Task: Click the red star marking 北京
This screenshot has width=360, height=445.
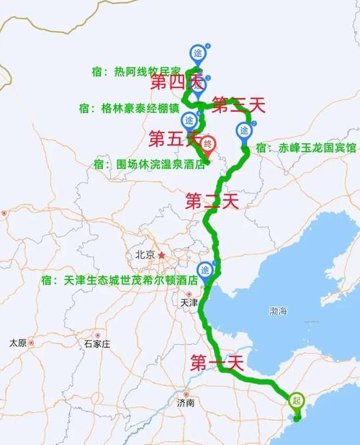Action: [162, 255]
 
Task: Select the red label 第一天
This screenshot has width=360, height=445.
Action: [217, 363]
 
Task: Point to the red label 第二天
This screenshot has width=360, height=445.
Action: [212, 201]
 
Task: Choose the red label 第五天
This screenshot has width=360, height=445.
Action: [174, 137]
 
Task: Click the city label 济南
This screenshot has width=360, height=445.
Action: [185, 403]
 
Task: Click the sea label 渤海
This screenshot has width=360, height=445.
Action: [277, 311]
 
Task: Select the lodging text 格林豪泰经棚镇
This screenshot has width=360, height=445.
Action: [135, 108]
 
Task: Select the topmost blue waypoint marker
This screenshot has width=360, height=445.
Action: [198, 52]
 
